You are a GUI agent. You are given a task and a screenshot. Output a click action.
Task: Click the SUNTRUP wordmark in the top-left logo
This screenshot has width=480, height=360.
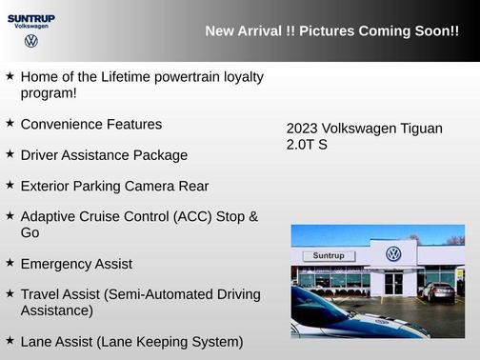tap(31, 17)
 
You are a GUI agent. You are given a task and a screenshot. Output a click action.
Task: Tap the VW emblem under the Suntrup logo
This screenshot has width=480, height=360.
tap(31, 42)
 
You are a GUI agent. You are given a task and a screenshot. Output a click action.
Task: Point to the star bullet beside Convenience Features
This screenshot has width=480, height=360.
tap(10, 124)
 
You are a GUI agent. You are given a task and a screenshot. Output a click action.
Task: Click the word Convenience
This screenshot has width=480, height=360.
tap(61, 124)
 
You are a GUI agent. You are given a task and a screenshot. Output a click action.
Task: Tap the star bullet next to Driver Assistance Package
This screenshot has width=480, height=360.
tap(10, 154)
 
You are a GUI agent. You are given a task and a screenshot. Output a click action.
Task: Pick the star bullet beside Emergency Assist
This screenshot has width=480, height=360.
tap(10, 263)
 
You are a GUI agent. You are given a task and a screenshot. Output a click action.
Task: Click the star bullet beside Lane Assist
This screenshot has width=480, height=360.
tap(10, 340)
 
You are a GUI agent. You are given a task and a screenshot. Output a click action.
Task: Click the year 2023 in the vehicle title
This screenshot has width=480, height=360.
tap(302, 129)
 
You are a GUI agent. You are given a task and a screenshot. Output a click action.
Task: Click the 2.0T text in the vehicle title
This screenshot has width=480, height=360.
tap(301, 145)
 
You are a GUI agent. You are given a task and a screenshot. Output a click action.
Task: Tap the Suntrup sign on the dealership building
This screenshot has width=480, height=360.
tap(328, 255)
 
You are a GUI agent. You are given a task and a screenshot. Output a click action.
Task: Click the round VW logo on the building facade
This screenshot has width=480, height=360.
tap(393, 254)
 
